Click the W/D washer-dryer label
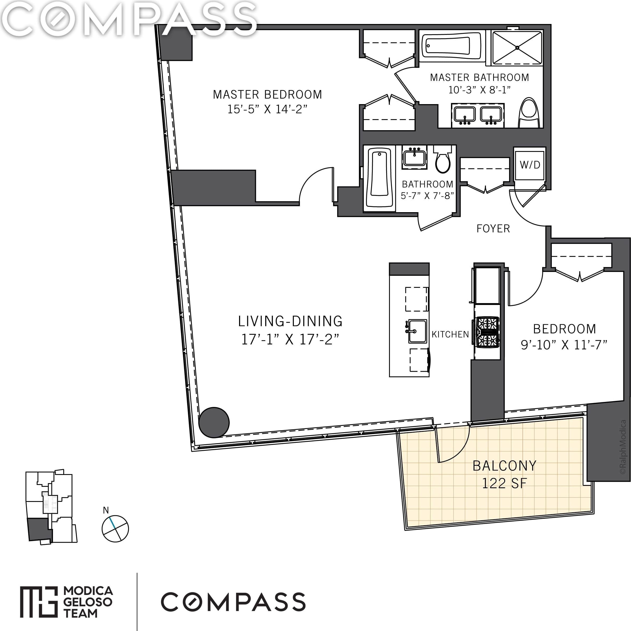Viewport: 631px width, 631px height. (530, 165)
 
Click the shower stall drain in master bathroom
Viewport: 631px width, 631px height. (517, 48)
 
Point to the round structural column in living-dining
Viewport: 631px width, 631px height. (214, 422)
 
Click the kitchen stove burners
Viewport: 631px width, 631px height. (487, 332)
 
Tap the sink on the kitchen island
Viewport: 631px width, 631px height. (417, 331)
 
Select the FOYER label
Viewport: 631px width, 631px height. (493, 229)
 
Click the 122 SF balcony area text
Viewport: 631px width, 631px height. (504, 484)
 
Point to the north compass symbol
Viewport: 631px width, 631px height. (115, 528)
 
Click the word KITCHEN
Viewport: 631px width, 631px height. (450, 334)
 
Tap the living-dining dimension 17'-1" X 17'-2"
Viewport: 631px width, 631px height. (290, 339)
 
